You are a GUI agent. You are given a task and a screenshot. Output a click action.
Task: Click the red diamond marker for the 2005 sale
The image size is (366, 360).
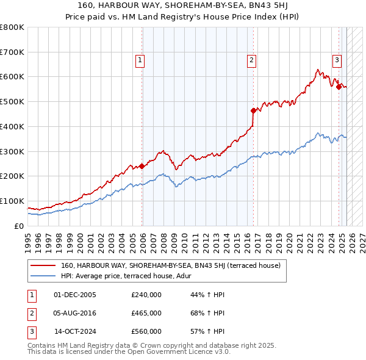tap(142, 166)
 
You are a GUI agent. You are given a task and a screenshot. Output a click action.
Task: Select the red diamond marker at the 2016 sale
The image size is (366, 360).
tap(253, 110)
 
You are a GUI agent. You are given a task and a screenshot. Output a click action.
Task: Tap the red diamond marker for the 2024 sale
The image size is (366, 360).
tap(339, 87)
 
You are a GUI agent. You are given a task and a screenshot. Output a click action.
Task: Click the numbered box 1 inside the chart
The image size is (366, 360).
tap(140, 60)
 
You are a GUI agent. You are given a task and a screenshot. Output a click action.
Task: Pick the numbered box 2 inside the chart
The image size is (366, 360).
tap(251, 60)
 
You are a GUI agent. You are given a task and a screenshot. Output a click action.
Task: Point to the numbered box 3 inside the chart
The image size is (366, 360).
tap(337, 60)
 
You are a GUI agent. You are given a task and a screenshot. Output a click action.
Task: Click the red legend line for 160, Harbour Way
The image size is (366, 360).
tap(42, 265)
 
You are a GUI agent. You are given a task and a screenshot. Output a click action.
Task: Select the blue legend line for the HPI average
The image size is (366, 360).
tap(42, 275)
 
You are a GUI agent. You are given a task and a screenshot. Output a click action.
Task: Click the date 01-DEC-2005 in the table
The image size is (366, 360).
tap(75, 295)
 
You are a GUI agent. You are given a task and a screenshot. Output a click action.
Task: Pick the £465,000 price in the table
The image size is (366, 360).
tap(146, 313)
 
